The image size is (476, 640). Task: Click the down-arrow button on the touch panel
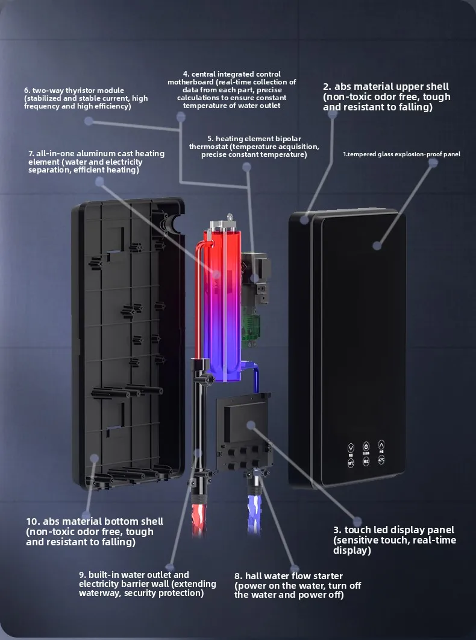click(351, 448)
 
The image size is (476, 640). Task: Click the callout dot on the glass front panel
click(377, 246)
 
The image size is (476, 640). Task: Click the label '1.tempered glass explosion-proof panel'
click(401, 154)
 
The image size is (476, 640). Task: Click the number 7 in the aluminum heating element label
click(31, 154)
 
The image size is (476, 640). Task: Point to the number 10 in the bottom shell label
click(33, 521)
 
